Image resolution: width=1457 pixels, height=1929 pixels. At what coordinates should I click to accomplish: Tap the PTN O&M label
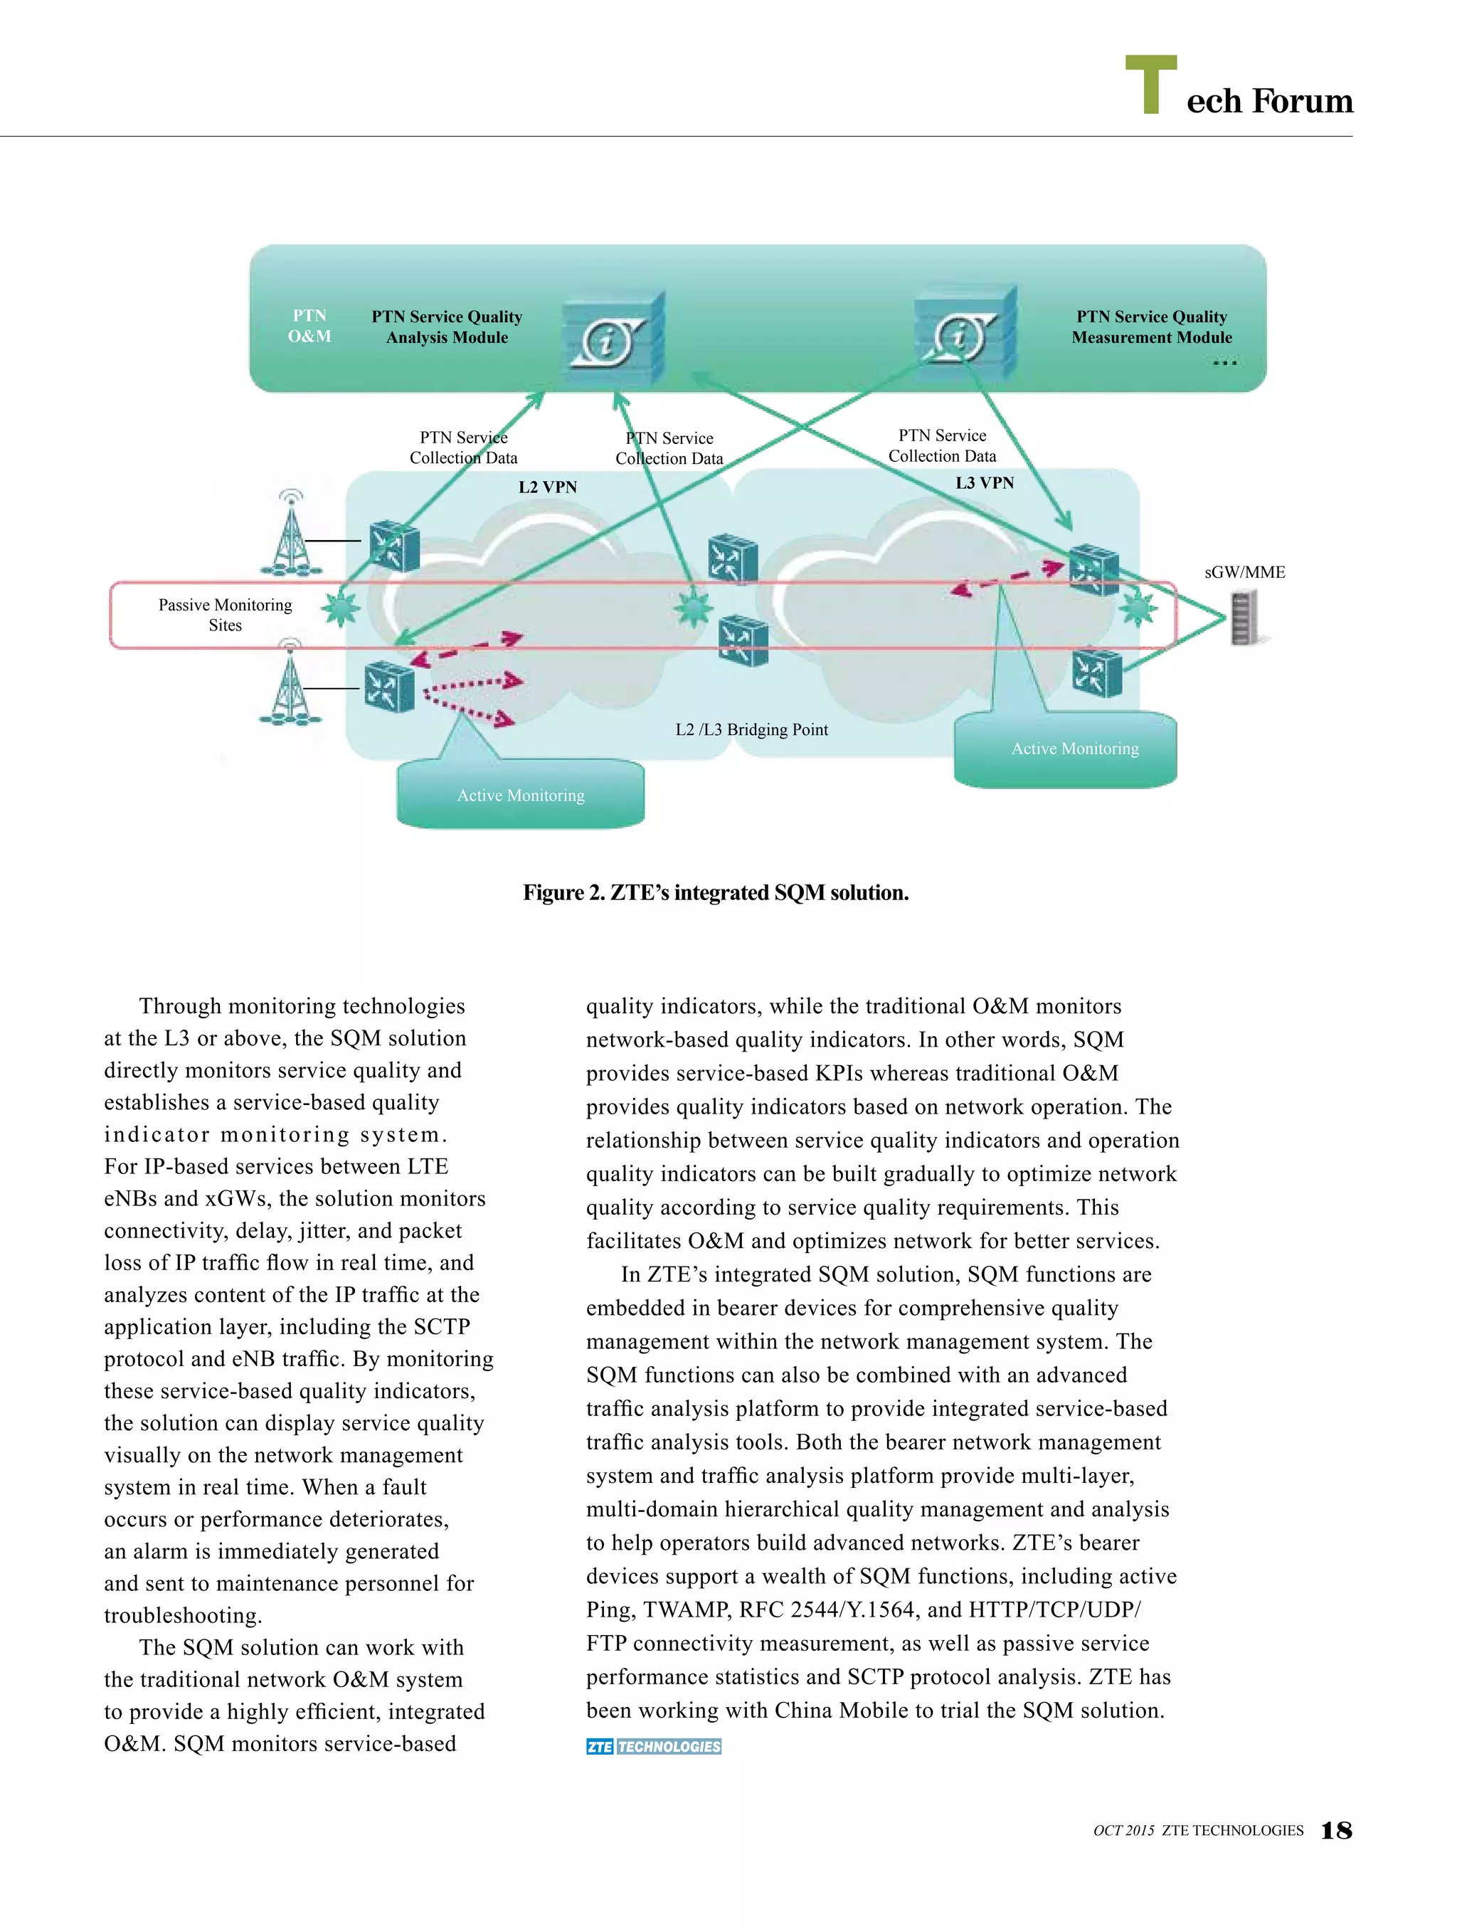tap(309, 326)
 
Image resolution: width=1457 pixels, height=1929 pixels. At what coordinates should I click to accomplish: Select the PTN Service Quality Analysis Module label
tap(447, 327)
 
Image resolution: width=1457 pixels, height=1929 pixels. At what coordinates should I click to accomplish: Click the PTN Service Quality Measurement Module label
tap(1151, 327)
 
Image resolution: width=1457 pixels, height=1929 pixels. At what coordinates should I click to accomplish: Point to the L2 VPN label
tap(548, 487)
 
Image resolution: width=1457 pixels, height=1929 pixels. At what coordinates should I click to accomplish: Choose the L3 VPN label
tap(985, 483)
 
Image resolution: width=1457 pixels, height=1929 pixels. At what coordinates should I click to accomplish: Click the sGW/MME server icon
tap(1244, 618)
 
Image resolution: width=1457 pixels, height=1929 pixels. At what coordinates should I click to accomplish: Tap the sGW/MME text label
tap(1244, 573)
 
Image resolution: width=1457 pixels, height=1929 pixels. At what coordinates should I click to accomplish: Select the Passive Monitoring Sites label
tap(225, 615)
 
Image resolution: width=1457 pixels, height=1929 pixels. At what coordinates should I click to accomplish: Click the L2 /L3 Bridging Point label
tap(751, 730)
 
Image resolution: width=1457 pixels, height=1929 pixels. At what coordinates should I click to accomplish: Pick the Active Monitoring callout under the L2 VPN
tap(521, 795)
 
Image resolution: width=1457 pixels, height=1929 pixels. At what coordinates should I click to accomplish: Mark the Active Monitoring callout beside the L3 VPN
tap(1074, 749)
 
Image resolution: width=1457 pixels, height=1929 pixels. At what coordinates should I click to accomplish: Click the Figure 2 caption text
tap(716, 893)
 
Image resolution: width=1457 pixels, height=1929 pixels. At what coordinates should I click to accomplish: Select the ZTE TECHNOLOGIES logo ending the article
tap(654, 1747)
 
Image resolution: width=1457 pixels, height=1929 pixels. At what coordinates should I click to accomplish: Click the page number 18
tap(1336, 1831)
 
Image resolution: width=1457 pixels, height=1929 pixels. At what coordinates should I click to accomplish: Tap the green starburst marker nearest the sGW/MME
tap(1138, 608)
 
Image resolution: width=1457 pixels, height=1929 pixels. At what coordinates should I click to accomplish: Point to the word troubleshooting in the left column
tap(183, 1616)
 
